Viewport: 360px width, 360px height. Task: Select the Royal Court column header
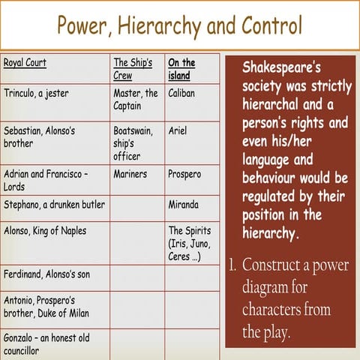pos(25,63)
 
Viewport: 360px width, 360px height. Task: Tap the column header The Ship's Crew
pos(133,69)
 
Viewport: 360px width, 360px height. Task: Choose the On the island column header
pos(181,69)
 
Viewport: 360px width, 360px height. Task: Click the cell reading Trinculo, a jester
pos(35,94)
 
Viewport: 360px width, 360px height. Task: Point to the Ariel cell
pos(178,130)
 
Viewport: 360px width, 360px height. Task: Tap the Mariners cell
pos(130,174)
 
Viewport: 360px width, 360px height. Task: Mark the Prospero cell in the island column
pos(184,174)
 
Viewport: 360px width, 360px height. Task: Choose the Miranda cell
pos(184,205)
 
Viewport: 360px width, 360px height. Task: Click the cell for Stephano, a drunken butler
pos(54,205)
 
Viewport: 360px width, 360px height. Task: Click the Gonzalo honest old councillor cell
pos(46,343)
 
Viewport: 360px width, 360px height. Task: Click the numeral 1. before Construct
pos(233,264)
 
